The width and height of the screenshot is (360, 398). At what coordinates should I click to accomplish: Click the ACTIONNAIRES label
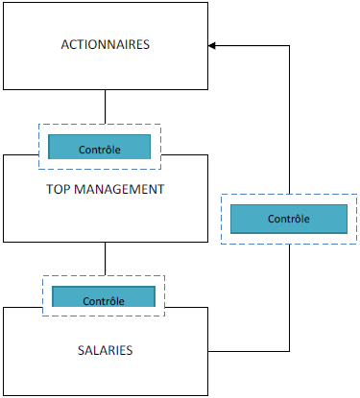click(106, 45)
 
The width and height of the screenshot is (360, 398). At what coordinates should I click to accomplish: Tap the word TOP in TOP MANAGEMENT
click(59, 189)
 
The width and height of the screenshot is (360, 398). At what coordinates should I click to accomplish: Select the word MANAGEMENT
click(120, 189)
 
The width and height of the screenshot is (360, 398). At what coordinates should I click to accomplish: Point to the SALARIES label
click(105, 351)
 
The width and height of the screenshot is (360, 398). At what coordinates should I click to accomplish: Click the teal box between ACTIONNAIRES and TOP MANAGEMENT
click(100, 147)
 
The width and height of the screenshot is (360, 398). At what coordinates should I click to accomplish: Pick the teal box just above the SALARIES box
click(104, 296)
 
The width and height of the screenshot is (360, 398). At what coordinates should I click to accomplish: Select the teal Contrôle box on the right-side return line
click(288, 218)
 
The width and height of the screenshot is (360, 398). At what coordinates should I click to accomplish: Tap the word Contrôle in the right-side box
click(288, 219)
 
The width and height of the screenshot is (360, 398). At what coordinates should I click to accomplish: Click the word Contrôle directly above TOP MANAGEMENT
click(100, 151)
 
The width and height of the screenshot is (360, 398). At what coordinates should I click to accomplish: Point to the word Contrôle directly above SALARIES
click(104, 300)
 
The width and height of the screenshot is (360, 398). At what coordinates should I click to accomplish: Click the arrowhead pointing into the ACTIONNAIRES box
click(213, 45)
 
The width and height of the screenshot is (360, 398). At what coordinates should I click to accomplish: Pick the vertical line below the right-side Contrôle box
click(289, 297)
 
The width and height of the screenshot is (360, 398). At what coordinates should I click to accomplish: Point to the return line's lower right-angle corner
click(289, 350)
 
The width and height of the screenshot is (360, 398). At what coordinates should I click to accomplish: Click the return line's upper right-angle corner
click(289, 45)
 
